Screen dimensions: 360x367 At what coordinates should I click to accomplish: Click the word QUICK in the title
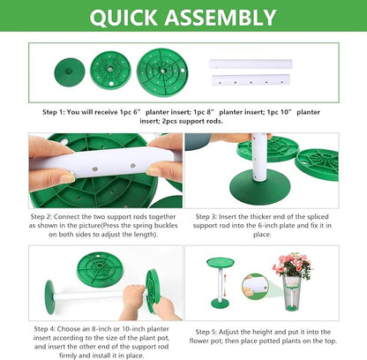click(x=131, y=19)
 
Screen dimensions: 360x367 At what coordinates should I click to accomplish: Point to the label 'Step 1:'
click(x=58, y=112)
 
